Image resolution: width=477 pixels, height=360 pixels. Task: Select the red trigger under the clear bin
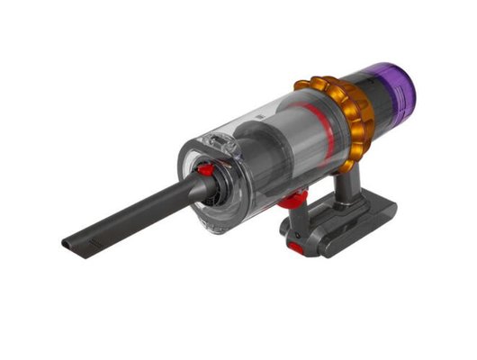[x=289, y=200]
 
